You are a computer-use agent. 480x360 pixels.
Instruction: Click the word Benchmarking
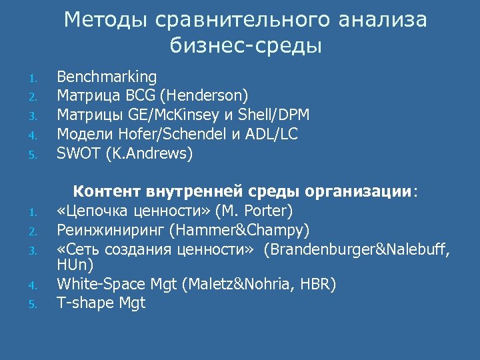pyautogui.click(x=107, y=77)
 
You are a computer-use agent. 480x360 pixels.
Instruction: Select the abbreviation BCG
pyautogui.click(x=143, y=96)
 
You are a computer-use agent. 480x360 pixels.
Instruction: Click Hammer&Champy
pyautogui.click(x=238, y=231)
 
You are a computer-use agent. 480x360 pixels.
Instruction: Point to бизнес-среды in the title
pyautogui.click(x=246, y=46)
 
